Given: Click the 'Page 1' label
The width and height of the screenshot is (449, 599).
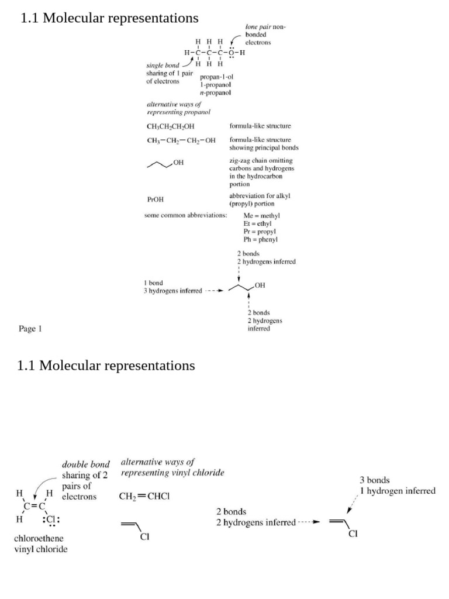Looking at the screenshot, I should click(30, 329).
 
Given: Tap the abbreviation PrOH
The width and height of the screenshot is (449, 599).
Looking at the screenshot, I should click(156, 199).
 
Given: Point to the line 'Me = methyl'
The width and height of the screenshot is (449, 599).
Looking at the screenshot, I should click(261, 216).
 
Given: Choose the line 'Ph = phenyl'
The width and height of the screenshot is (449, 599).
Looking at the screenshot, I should click(261, 239).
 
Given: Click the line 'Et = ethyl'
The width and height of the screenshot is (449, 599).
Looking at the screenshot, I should click(257, 223).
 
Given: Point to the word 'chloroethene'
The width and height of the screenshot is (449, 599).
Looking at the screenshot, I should click(39, 538).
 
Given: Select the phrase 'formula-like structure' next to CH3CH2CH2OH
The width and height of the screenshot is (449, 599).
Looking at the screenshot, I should click(260, 125).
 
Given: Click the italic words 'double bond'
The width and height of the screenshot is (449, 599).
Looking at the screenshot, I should click(85, 464).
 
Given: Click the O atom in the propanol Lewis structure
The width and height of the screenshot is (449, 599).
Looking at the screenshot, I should click(232, 53).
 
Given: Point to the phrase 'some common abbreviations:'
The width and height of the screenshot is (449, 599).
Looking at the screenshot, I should click(185, 216).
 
